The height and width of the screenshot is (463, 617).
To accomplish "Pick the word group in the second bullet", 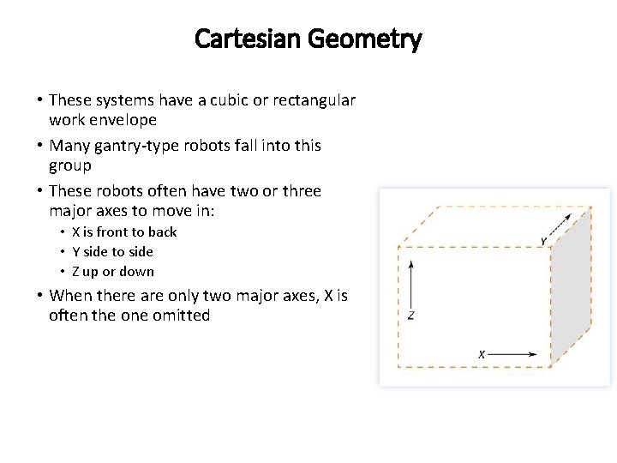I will [70, 165].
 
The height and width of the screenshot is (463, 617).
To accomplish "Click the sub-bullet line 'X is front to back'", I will [124, 231].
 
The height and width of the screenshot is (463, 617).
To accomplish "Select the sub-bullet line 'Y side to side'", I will [113, 251].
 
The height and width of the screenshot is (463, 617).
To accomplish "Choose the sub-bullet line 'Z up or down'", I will [113, 271].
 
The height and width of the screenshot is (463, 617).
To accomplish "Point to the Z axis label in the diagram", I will [411, 316].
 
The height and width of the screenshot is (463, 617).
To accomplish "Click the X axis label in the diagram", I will [482, 353].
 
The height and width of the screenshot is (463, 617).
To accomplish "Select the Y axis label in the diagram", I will [543, 241].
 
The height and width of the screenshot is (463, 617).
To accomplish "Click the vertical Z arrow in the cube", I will [412, 282].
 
